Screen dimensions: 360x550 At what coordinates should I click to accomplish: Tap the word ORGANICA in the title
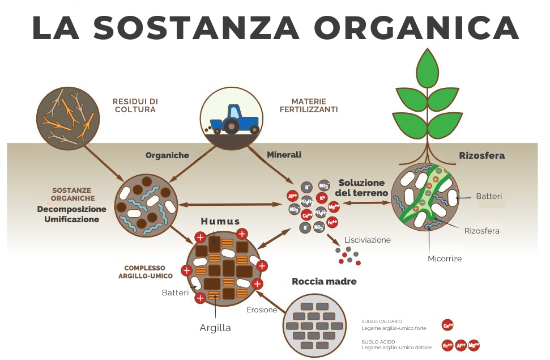coord(416,27)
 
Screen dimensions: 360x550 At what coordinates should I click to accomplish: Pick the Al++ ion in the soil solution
coord(293,197)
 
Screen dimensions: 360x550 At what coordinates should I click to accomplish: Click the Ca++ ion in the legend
coord(447,325)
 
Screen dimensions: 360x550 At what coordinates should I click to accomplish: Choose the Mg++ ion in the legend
coord(474,345)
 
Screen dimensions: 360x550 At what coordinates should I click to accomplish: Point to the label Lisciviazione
coord(367,240)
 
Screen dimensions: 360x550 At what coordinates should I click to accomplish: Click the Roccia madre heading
coord(324,281)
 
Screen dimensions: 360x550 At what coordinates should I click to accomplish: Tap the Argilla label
coord(215,328)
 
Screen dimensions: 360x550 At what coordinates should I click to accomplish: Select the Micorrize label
coord(444,259)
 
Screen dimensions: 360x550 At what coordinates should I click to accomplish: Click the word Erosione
coord(262,310)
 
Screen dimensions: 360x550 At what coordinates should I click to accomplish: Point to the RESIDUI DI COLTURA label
coord(135,105)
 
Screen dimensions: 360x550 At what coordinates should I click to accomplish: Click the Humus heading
coord(220,221)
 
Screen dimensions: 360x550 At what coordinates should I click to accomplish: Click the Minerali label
coord(284,154)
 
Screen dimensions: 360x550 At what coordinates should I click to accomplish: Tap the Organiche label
coord(167,155)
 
